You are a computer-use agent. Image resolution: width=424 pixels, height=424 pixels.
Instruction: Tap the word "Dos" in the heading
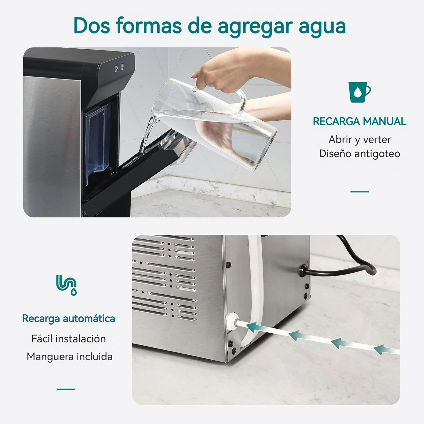click(x=92, y=26)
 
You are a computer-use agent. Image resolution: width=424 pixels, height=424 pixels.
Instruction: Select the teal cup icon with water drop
click(x=359, y=92)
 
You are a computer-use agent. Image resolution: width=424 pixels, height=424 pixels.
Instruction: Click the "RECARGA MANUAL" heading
click(x=359, y=121)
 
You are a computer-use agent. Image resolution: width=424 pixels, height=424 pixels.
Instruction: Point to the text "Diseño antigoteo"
click(x=359, y=154)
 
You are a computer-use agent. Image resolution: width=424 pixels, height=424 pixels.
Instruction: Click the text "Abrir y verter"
click(x=359, y=140)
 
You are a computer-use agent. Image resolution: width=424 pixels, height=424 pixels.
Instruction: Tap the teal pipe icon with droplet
click(x=66, y=285)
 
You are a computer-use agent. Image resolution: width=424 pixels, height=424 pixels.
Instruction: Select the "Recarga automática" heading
click(x=69, y=319)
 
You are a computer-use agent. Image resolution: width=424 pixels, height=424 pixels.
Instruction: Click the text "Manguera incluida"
click(x=70, y=357)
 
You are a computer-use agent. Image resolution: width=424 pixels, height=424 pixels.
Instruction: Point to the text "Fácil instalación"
click(x=69, y=339)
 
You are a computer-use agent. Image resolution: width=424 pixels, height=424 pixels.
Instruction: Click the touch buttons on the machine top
click(x=119, y=67)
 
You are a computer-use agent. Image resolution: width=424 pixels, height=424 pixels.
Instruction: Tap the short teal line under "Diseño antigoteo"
click(x=359, y=192)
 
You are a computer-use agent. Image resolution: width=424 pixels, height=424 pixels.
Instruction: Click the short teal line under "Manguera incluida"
click(x=66, y=389)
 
